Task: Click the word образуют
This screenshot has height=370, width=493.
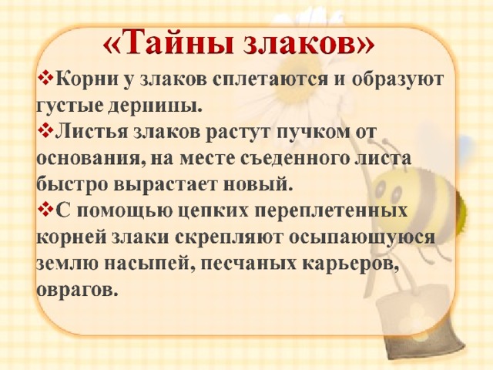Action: (x=397, y=79)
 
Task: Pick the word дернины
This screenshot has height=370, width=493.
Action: (x=154, y=106)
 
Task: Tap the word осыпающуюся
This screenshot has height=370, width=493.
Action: (x=361, y=237)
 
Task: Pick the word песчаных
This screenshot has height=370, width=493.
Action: (x=248, y=264)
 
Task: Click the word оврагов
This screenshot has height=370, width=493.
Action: (x=77, y=290)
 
